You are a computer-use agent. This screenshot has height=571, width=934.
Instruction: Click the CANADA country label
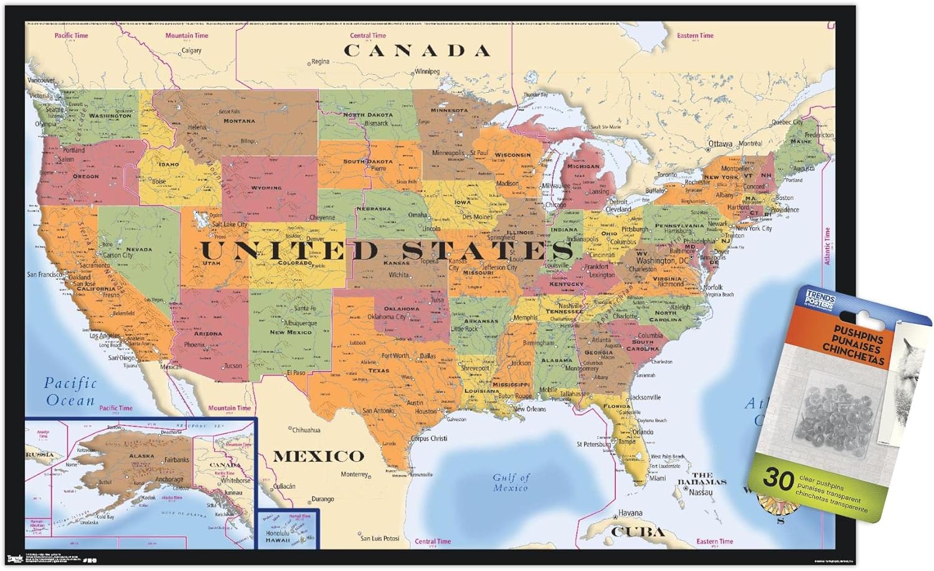tap(417, 51)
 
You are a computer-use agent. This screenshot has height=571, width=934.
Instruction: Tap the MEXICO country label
tap(318, 456)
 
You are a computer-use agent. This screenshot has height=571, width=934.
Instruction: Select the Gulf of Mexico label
tap(511, 483)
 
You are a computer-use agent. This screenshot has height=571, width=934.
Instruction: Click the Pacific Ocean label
tap(70, 392)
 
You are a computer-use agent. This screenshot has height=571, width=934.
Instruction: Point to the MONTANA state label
tap(239, 121)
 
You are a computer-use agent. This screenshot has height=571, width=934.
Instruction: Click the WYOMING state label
tap(266, 187)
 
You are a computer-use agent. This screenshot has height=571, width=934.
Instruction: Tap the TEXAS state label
tap(378, 370)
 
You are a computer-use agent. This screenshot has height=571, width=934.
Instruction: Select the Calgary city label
tap(191, 50)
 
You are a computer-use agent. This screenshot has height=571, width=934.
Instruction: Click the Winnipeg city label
tap(427, 72)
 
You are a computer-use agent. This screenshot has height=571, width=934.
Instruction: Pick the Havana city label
tap(630, 513)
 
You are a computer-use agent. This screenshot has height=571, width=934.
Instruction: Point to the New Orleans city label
tap(530, 409)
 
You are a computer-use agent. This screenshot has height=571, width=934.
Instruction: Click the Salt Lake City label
tap(230, 224)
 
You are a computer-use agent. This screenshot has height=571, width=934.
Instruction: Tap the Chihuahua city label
tap(306, 430)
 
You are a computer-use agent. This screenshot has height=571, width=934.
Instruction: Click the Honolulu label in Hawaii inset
tap(277, 533)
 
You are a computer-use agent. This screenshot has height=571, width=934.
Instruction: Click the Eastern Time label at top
tap(695, 35)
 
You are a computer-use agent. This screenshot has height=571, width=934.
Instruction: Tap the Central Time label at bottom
tap(433, 542)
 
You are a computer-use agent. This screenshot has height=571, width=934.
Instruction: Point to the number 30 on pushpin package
tap(778, 478)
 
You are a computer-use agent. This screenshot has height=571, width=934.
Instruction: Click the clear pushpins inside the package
tap(831, 414)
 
